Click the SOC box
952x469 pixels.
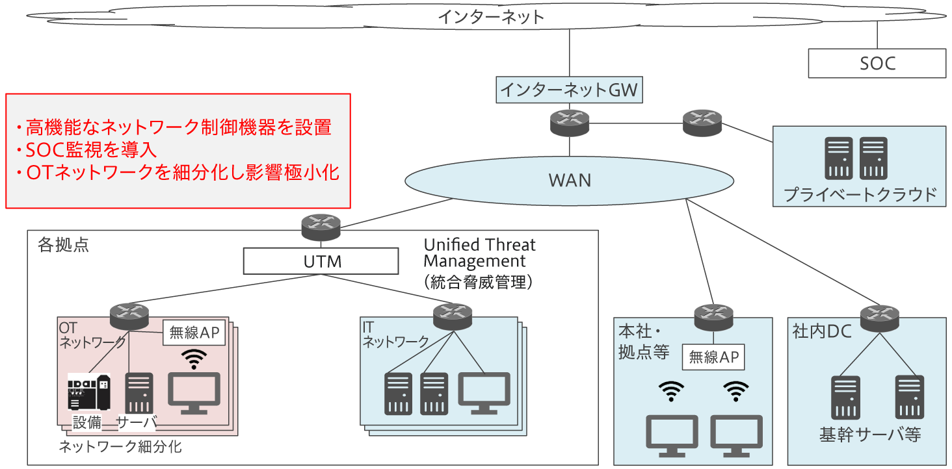877,63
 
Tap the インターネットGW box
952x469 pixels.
570,90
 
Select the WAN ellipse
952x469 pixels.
570,180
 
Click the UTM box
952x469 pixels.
321,262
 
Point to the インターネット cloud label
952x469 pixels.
491,17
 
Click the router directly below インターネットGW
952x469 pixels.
570,123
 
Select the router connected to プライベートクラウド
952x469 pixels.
702,123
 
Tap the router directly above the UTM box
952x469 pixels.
321,225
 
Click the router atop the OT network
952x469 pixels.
129,316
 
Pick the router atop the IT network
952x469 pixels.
452,316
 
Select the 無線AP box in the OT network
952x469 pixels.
194,333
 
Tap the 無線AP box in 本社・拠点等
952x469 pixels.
713,357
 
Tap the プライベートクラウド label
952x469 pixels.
860,194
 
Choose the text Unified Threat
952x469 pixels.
480,245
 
